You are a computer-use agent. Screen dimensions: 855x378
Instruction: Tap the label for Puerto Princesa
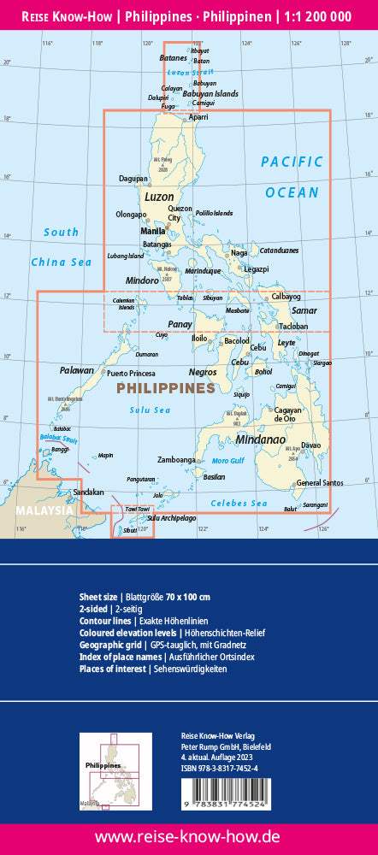point(130,374)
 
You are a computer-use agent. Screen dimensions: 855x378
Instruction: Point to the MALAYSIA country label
point(44,510)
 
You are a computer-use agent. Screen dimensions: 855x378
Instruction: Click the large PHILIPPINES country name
point(164,388)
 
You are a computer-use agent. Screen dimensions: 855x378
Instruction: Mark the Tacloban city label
point(293,327)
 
